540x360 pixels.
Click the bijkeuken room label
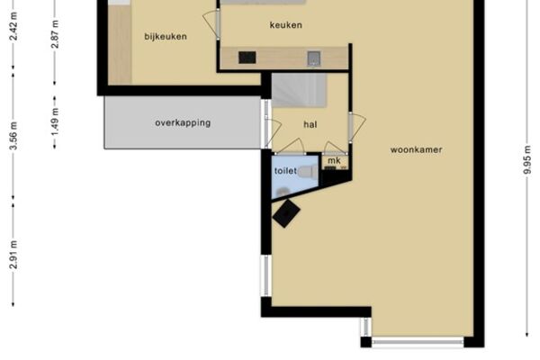pos(166,37)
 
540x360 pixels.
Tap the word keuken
pos(286,25)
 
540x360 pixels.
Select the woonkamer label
pos(416,150)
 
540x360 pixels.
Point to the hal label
pos(310,124)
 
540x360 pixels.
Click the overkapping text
pos(183,123)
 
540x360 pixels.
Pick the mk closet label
pos(334,160)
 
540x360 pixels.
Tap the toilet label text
pos(285,170)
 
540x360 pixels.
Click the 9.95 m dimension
pos(527,160)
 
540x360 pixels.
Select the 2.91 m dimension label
pos(13,255)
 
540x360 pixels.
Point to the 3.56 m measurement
pos(13,136)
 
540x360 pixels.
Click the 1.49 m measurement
pos(55,122)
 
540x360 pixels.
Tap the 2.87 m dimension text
pos(55,34)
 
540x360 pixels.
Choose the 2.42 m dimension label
pos(13,26)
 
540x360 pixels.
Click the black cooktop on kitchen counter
pos(247,58)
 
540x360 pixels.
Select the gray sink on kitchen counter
pos(314,58)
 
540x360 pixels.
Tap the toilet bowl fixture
pos(308,172)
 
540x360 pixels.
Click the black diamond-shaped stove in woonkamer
pos(286,213)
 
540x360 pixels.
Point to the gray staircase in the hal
pos(300,90)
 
